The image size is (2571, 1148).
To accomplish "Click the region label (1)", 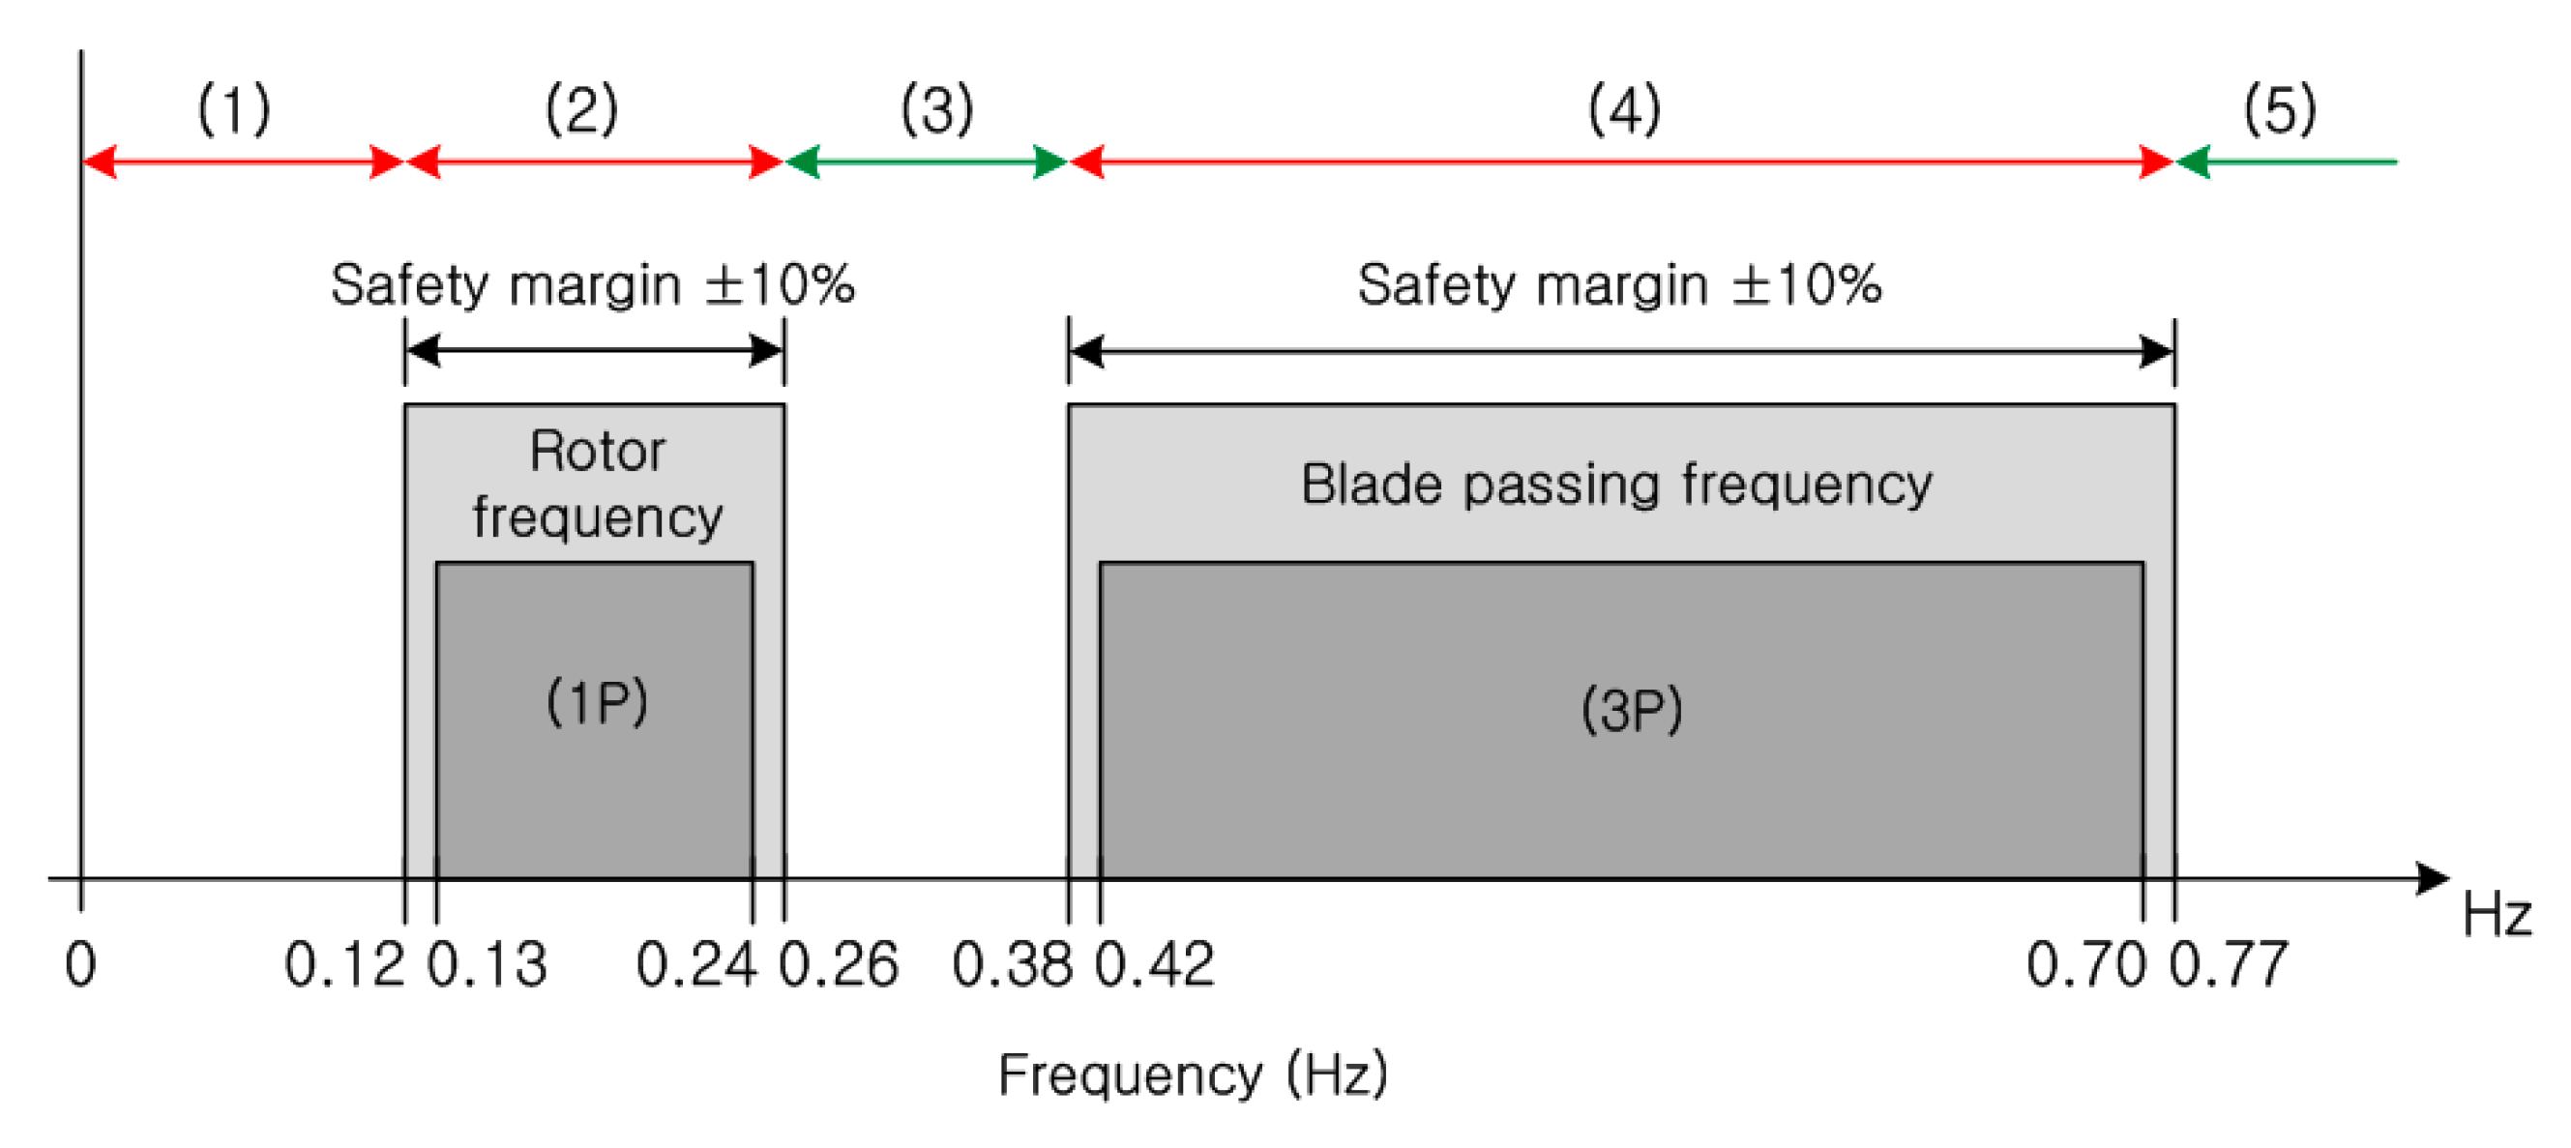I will pyautogui.click(x=233, y=109).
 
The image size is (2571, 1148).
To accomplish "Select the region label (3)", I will pyautogui.click(x=936, y=109).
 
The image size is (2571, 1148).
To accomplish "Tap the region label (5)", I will pyautogui.click(x=2280, y=109).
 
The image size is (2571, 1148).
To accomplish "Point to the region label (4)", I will pyautogui.click(x=1624, y=109).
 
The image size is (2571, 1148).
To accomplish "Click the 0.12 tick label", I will pyautogui.click(x=344, y=965).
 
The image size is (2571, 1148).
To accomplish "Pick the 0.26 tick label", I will pyautogui.click(x=839, y=965).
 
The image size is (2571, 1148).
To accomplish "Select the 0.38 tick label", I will pyautogui.click(x=1012, y=965).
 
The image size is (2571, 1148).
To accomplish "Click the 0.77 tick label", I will pyautogui.click(x=2229, y=965).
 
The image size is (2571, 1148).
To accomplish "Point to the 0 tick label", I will pyautogui.click(x=81, y=965).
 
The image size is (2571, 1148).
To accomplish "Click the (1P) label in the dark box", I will pyautogui.click(x=597, y=702).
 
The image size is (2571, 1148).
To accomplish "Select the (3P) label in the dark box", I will pyautogui.click(x=1632, y=711).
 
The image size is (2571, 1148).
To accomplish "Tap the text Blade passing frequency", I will pyautogui.click(x=1616, y=486).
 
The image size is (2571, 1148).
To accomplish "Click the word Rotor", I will pyautogui.click(x=597, y=452).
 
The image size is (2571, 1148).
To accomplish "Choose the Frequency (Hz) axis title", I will pyautogui.click(x=1193, y=1075).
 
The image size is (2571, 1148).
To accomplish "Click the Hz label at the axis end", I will pyautogui.click(x=2497, y=914).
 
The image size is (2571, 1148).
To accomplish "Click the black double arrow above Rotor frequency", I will pyautogui.click(x=595, y=350).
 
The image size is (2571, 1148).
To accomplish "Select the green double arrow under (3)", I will pyautogui.click(x=928, y=161).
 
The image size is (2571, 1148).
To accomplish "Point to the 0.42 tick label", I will pyautogui.click(x=1155, y=965).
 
